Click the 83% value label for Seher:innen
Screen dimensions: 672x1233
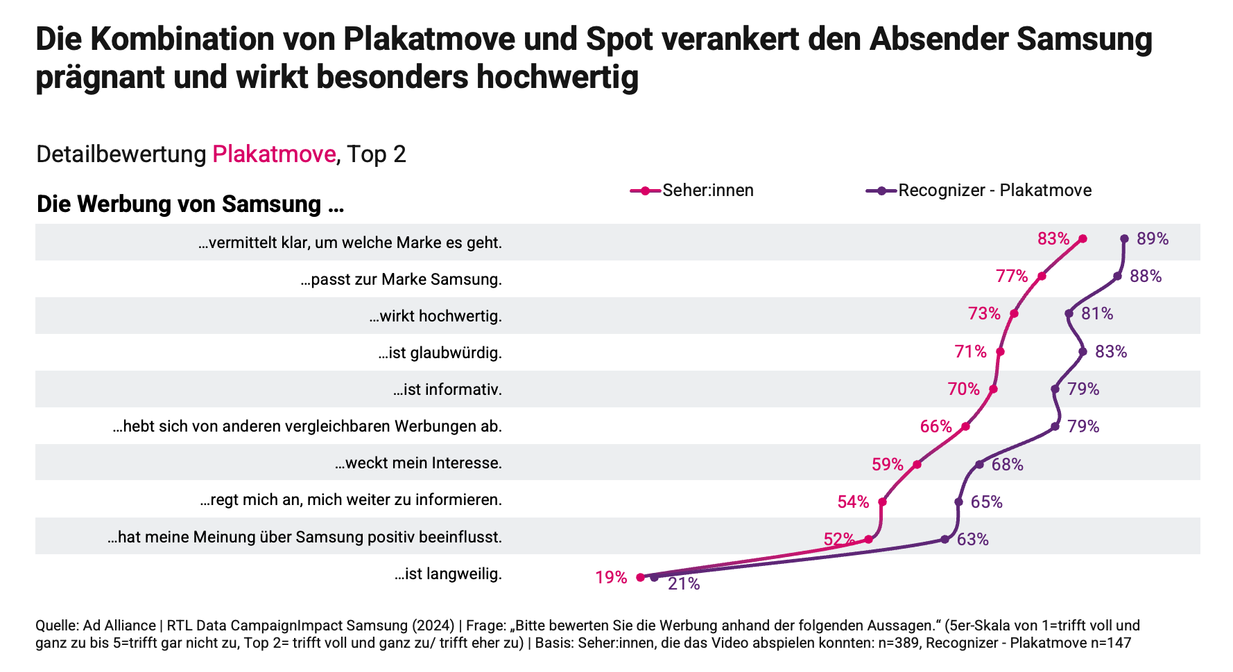[1053, 239]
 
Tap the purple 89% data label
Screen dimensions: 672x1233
[1153, 239]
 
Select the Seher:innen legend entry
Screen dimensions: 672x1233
[707, 191]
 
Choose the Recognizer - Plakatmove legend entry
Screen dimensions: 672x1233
[994, 191]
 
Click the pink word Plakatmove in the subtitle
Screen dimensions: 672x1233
[274, 154]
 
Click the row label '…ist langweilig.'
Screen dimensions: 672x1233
[448, 574]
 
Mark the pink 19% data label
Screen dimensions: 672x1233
[611, 577]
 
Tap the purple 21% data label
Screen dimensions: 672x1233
[684, 584]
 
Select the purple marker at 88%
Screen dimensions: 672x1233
[1117, 276]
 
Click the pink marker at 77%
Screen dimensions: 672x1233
[1042, 276]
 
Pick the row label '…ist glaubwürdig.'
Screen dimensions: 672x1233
[440, 353]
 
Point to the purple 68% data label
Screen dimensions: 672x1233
[1007, 464]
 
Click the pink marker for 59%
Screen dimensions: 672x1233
[917, 464]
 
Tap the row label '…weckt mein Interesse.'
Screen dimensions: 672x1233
[418, 463]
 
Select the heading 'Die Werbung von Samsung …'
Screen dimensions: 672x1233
[190, 204]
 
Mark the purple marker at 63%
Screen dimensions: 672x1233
[945, 539]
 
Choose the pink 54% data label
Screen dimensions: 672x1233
[853, 502]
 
